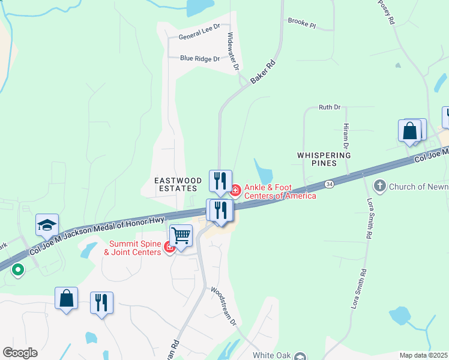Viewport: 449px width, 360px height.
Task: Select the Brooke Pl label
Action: pyautogui.click(x=301, y=23)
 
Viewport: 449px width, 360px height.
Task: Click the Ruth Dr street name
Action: pyautogui.click(x=330, y=107)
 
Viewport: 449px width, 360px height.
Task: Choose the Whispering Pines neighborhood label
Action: pyautogui.click(x=324, y=160)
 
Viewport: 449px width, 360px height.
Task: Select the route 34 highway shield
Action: pyautogui.click(x=328, y=184)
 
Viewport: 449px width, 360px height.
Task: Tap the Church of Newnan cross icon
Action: pyautogui.click(x=379, y=186)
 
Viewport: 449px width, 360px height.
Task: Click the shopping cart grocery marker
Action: pyautogui.click(x=181, y=235)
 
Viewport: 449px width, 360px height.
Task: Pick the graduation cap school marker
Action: pyautogui.click(x=47, y=224)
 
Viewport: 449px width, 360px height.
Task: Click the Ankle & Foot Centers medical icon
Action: pyautogui.click(x=235, y=191)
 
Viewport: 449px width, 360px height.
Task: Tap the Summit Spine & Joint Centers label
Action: pyautogui.click(x=135, y=248)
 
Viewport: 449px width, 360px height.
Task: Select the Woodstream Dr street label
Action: pyautogui.click(x=223, y=305)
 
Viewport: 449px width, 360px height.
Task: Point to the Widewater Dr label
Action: pyautogui.click(x=233, y=51)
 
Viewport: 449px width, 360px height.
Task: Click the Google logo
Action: pyautogui.click(x=20, y=353)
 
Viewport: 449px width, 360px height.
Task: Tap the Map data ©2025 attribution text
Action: pyautogui.click(x=423, y=355)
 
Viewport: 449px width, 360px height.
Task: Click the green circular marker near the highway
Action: pyautogui.click(x=18, y=269)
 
